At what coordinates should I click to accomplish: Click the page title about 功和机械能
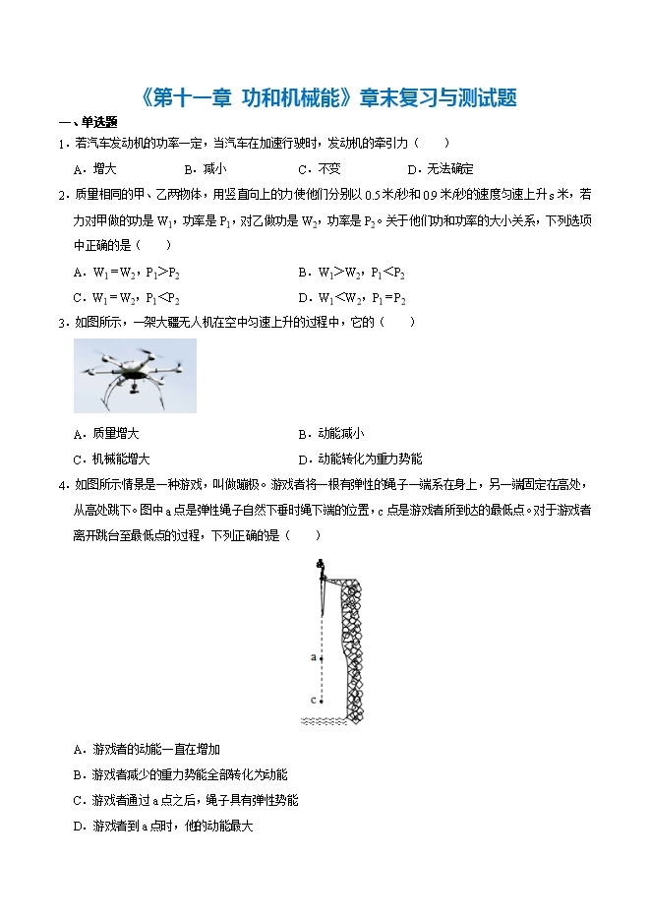pos(325,97)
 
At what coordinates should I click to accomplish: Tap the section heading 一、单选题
pos(89,123)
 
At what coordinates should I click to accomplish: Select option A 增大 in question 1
pos(95,168)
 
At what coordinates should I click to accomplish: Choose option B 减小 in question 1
pos(205,168)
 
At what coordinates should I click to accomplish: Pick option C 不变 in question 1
pos(320,168)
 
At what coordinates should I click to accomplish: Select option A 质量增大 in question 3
pos(106,433)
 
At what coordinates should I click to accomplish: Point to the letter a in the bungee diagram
pos(313,655)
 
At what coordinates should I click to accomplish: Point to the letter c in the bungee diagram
pos(313,701)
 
